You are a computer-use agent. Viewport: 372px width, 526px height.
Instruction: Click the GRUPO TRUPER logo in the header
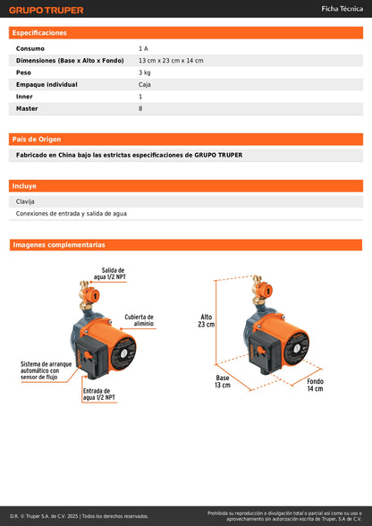(x=46, y=10)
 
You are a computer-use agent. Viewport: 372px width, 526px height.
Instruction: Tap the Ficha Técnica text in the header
(x=342, y=9)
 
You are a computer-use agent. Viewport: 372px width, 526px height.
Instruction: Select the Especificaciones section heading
(x=40, y=33)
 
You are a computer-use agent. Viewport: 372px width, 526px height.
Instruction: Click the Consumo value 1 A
(x=143, y=48)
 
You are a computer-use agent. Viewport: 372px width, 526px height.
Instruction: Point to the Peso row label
(x=23, y=72)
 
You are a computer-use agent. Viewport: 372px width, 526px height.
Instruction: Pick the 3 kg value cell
(x=144, y=72)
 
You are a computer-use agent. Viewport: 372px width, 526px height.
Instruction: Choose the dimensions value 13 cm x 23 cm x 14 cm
(x=171, y=60)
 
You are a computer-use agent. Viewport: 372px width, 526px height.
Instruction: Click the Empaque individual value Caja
(x=144, y=84)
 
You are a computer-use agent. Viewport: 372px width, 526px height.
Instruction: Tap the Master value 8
(x=140, y=108)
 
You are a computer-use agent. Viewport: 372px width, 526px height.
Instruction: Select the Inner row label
(x=24, y=97)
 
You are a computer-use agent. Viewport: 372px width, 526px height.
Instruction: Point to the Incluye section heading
(x=24, y=186)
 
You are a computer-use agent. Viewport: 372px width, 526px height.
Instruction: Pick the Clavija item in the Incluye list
(x=26, y=201)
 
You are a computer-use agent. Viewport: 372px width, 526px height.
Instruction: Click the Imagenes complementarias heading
(x=59, y=244)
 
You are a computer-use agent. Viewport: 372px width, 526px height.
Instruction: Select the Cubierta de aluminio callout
(x=139, y=320)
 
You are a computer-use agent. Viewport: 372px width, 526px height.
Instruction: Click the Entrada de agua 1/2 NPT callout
(x=97, y=394)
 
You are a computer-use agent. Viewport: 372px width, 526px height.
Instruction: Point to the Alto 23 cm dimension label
(x=207, y=320)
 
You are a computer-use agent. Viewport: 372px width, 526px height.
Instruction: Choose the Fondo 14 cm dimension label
(x=316, y=385)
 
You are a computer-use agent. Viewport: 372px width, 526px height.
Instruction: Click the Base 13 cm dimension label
(x=223, y=381)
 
